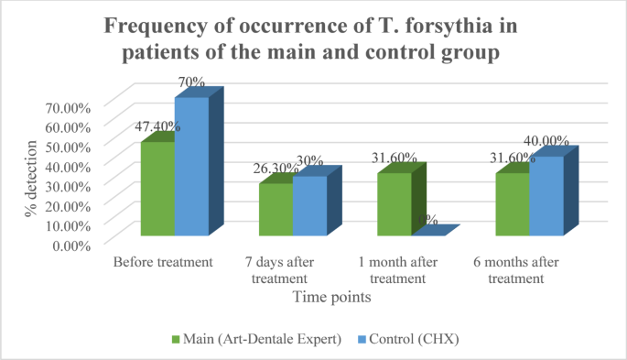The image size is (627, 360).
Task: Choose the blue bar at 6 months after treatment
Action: pos(546,197)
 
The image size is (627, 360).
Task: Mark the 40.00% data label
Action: pos(546,141)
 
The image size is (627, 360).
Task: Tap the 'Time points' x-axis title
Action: pos(331,297)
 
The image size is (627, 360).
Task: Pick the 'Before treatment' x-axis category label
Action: pos(163,262)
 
